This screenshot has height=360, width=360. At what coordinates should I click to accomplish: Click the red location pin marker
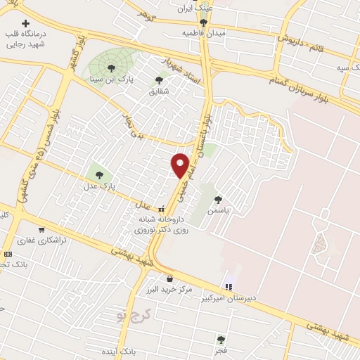pos(180,165)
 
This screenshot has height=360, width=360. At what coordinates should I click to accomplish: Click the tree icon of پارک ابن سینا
pos(111,67)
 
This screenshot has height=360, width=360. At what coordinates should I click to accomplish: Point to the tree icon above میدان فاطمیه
pos(204,22)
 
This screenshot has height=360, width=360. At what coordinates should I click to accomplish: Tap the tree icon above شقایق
pos(156,80)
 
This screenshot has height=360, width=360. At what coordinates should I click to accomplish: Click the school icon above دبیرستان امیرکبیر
pos(228,287)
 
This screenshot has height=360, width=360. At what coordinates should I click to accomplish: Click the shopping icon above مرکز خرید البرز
pos(169,279)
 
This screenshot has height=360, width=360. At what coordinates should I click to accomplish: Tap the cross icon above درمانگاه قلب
pos(27,22)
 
